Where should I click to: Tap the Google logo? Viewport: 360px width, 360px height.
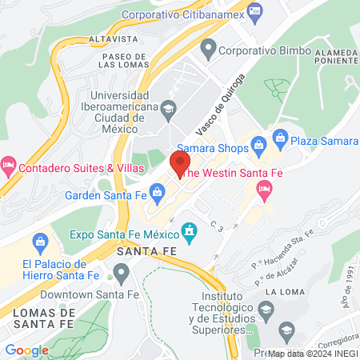coord(26,350)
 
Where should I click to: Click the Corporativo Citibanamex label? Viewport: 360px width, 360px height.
coord(181,14)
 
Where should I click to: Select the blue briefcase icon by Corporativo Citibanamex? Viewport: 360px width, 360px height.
coord(254,10)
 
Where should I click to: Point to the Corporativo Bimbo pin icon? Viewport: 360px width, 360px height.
coord(208,50)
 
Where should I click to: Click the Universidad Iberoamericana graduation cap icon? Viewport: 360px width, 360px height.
coord(168,108)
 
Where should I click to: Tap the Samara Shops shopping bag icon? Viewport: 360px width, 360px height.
coord(258,145)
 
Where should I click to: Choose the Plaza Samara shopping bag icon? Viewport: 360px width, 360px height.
coord(280,138)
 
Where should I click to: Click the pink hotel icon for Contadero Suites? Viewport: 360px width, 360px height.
coord(9,167)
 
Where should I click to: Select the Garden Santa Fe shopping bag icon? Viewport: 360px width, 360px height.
coord(158,191)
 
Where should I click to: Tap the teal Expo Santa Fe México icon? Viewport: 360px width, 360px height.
coord(190,234)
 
